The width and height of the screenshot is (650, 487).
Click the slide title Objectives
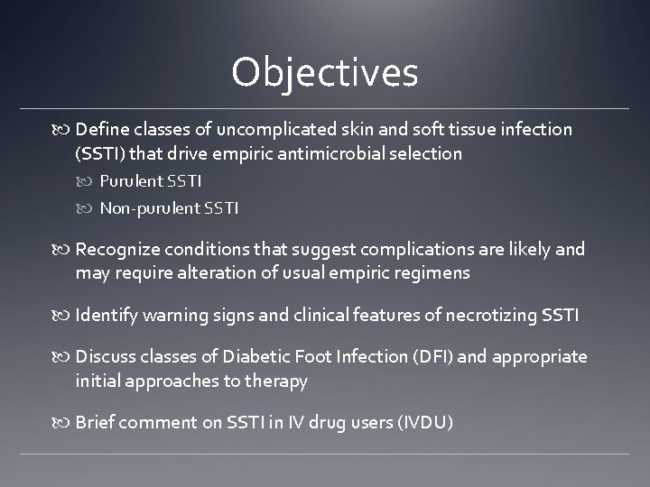324,72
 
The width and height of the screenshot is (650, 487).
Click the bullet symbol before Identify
66,316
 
